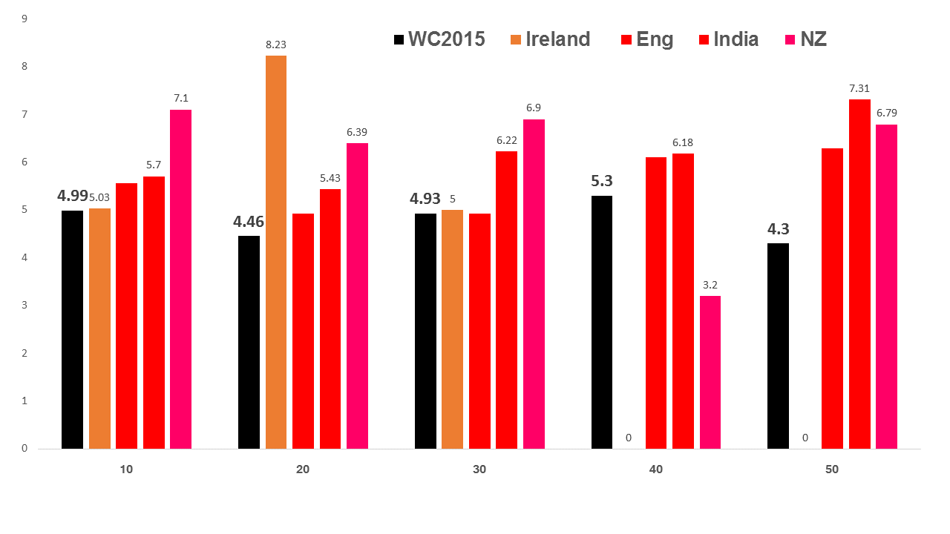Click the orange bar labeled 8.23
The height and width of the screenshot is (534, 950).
tap(275, 252)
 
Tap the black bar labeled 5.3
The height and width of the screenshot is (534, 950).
tap(602, 322)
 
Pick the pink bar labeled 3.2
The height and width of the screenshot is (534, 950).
tap(710, 372)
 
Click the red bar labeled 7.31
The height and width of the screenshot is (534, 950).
tap(859, 274)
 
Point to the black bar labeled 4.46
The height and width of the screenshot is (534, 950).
tap(249, 342)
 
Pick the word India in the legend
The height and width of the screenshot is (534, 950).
tap(736, 39)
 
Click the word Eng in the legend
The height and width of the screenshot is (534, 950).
tap(655, 39)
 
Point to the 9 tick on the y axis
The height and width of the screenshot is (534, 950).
tap(24, 19)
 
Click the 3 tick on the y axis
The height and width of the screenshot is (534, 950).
tap(24, 305)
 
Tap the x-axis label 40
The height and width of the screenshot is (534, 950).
tap(656, 469)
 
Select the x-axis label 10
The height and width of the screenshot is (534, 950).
tap(126, 469)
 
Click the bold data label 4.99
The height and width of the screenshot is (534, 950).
tap(73, 196)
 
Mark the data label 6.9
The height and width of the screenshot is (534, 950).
tap(534, 108)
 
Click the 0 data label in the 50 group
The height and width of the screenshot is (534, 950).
tap(805, 438)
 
